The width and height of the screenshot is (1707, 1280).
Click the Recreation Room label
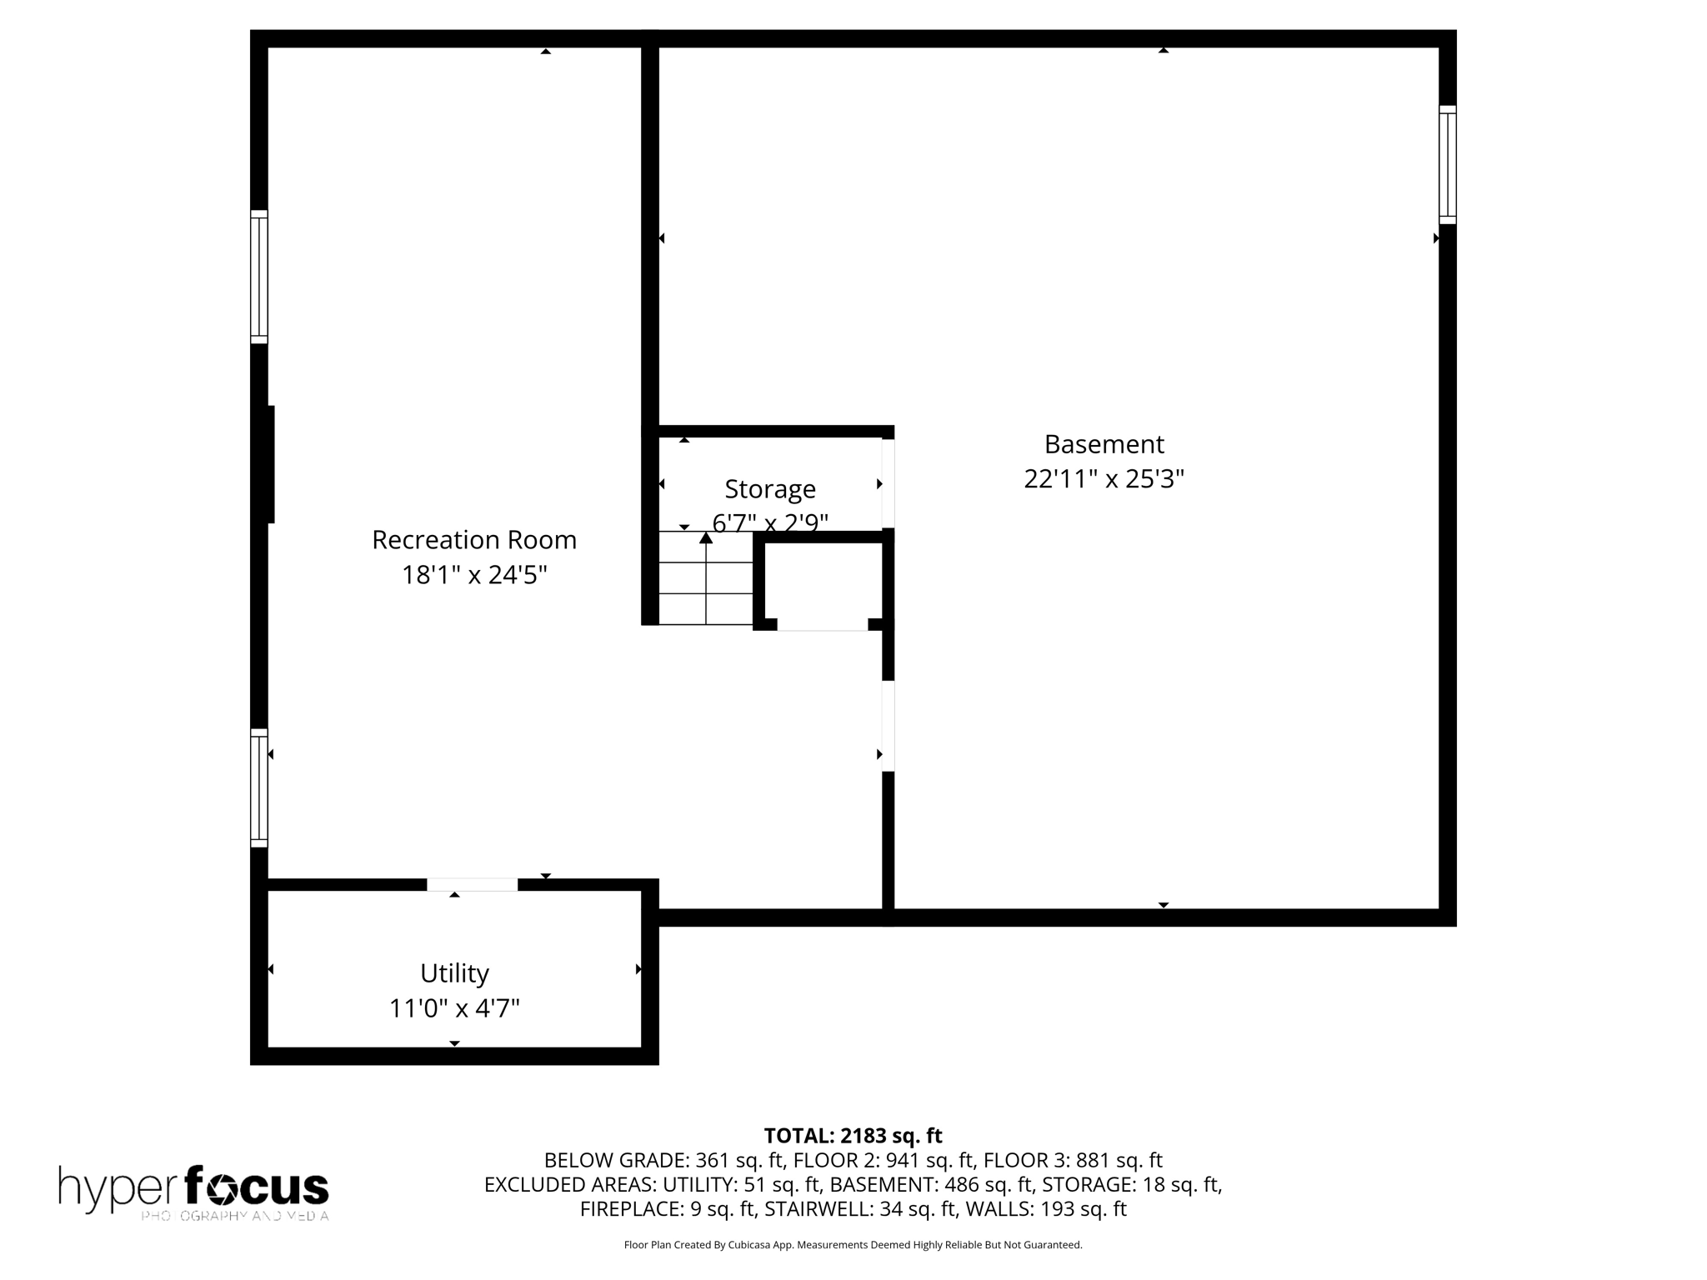pos(473,540)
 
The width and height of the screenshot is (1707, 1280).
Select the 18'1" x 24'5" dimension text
pos(473,575)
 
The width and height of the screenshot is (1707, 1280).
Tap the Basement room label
pos(1104,444)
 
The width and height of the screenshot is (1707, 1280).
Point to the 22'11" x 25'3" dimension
pos(1104,479)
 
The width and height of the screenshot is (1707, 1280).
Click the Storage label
pos(769,489)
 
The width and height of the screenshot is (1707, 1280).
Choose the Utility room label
pos(454,973)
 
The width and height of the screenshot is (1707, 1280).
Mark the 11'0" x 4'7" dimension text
pos(454,1008)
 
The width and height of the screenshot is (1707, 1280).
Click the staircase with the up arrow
pos(706,578)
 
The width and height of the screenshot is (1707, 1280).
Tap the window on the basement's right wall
pos(1447,165)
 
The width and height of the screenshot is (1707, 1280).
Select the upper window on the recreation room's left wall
pos(259,277)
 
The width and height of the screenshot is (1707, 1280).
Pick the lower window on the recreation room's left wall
pos(259,788)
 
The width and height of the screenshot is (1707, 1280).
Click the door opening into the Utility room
pos(472,885)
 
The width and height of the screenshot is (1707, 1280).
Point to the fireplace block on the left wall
pos(270,464)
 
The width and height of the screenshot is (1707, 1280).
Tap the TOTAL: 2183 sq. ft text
pos(853,1136)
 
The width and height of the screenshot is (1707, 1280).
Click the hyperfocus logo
pos(193,1192)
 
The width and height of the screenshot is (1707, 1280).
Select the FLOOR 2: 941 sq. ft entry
pos(885,1160)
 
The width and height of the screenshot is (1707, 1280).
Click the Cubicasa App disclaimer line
pos(853,1245)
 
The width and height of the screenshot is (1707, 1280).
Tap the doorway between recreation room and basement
pos(889,726)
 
